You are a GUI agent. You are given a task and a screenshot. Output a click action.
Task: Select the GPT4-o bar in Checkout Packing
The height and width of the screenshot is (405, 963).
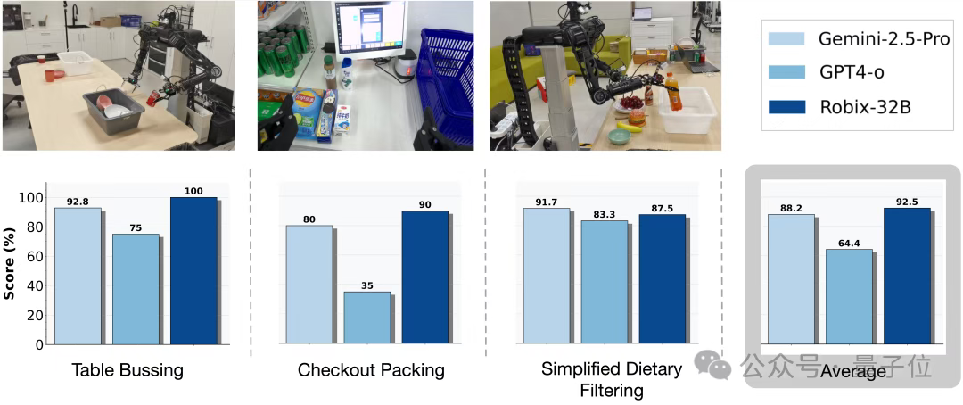click(x=366, y=318)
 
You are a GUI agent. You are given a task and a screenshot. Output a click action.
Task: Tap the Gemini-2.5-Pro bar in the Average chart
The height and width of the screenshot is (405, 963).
click(x=791, y=278)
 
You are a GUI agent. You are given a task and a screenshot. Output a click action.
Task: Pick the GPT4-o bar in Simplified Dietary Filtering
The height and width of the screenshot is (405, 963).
click(x=604, y=282)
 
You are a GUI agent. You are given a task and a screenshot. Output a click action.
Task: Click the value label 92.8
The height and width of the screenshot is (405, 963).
click(x=77, y=202)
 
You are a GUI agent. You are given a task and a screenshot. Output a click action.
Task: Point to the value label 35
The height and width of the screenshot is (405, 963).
click(x=366, y=285)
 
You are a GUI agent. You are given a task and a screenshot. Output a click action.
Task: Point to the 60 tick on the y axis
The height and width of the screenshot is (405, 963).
click(x=35, y=256)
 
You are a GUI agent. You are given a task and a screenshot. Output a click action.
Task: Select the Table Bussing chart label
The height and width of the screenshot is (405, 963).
click(x=128, y=370)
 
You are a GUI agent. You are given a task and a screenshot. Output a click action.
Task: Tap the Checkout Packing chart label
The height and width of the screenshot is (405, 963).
click(x=371, y=370)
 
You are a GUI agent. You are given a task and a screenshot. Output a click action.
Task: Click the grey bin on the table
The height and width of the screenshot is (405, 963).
click(x=113, y=112)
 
